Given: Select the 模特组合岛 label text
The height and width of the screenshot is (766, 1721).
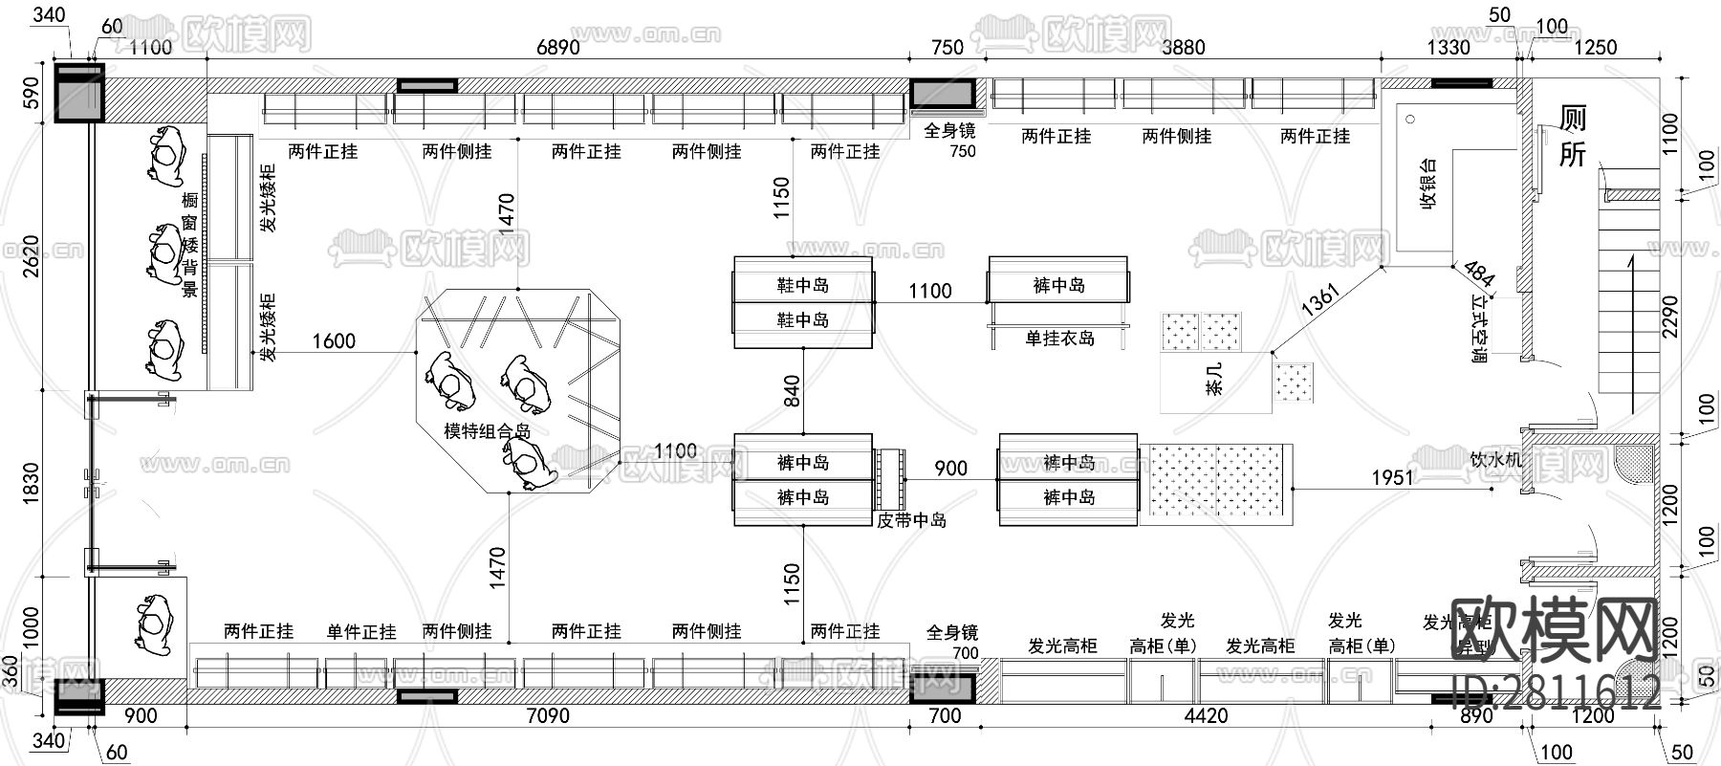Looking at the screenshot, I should [x=488, y=431].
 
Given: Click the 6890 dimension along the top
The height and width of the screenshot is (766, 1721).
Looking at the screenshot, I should [x=557, y=48].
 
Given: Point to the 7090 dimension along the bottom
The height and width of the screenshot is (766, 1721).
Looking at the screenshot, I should [x=548, y=716].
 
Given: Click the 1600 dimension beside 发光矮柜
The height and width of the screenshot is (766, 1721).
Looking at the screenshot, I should [x=334, y=340].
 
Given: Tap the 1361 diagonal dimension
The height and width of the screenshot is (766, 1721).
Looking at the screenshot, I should [x=1320, y=299].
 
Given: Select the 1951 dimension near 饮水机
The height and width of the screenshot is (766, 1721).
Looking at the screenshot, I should [x=1391, y=476].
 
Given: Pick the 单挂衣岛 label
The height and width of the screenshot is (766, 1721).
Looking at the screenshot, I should [x=1059, y=339].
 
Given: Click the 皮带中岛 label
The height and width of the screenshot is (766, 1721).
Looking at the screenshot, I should [x=911, y=521].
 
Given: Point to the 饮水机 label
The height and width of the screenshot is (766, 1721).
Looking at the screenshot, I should [x=1495, y=460].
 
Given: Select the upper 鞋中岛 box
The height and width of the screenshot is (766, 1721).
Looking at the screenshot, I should [x=802, y=285].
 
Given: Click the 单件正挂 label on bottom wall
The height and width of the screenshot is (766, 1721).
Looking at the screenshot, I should [x=361, y=632].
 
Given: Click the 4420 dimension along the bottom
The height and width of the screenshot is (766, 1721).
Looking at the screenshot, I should [x=1206, y=716].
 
